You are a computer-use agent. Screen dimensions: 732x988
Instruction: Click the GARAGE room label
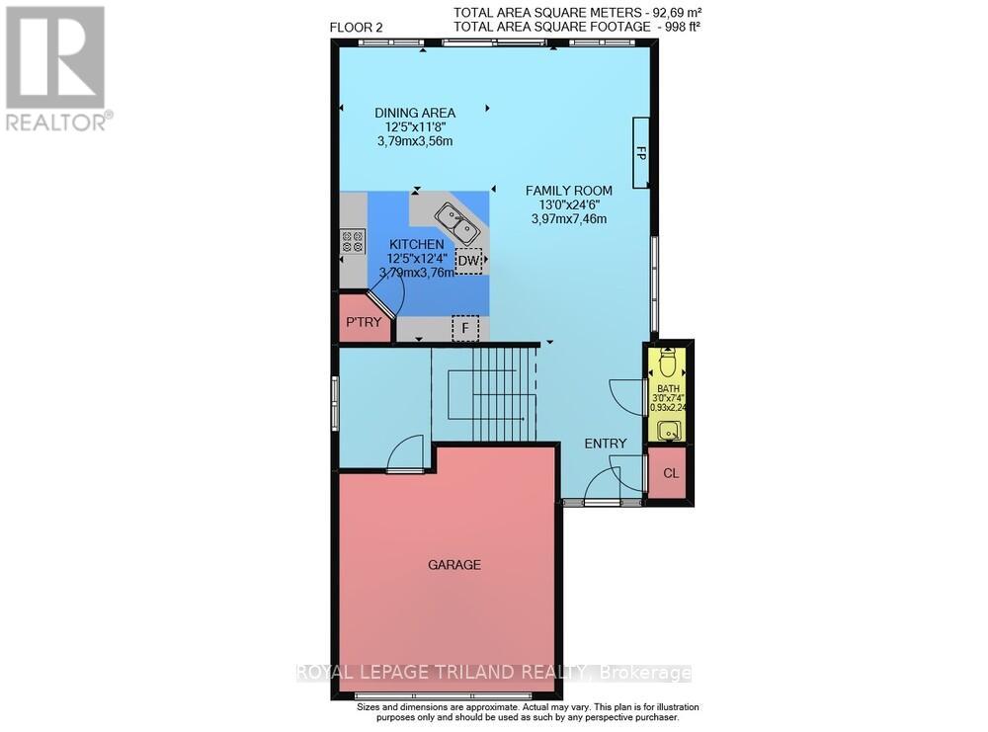click(453, 565)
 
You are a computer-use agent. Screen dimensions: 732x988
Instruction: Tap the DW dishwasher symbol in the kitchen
click(470, 261)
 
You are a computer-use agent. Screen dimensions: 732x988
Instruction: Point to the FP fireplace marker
click(641, 153)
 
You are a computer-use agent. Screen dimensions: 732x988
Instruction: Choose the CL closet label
click(671, 473)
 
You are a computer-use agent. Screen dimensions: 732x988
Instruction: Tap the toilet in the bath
click(669, 363)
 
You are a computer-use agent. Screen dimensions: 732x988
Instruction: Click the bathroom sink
click(669, 430)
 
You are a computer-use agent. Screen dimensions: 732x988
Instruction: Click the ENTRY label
click(605, 444)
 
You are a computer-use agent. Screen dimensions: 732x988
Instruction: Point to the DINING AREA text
click(415, 114)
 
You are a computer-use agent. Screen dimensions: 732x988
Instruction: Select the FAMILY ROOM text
click(568, 191)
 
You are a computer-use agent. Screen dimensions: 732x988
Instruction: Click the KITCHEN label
click(416, 244)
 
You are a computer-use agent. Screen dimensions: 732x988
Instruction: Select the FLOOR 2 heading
click(356, 28)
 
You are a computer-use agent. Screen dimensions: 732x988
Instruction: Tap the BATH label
click(669, 389)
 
